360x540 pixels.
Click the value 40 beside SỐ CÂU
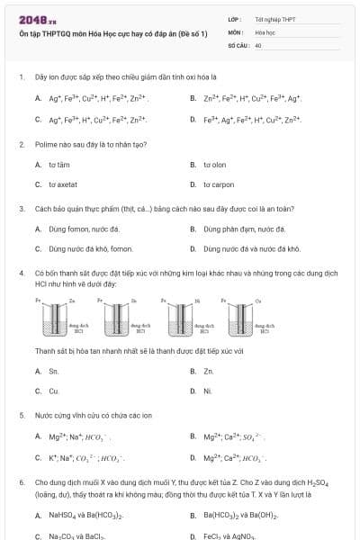[x=258, y=43]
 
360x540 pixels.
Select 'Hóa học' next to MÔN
[x=264, y=31]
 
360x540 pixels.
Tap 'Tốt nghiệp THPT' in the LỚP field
[x=274, y=19]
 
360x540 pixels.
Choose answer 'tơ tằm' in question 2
[x=58, y=165]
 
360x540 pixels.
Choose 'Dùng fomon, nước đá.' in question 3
[x=77, y=229]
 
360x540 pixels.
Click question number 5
[x=21, y=416]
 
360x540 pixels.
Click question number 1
[x=21, y=76]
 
